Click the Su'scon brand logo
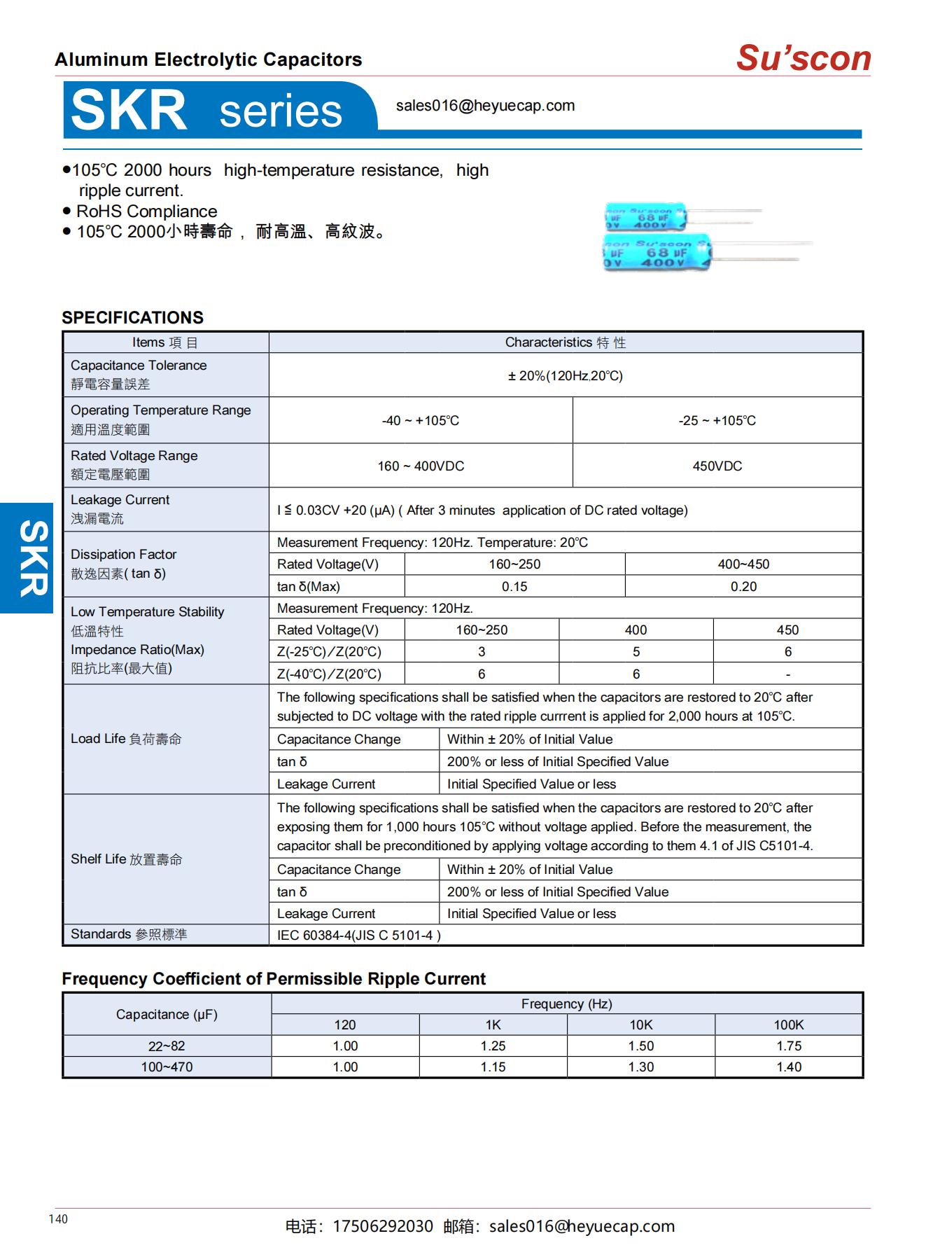(x=804, y=58)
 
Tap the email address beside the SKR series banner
(x=485, y=106)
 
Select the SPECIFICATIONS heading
(x=132, y=317)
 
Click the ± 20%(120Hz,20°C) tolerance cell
(x=565, y=376)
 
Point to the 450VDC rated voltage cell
(x=717, y=466)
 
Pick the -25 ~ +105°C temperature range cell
(x=717, y=420)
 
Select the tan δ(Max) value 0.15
(x=514, y=587)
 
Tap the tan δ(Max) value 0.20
(x=743, y=587)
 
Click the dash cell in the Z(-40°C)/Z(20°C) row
(x=787, y=674)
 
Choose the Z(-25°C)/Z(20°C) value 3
(x=482, y=652)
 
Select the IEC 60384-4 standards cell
(x=358, y=936)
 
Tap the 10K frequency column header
(x=640, y=1025)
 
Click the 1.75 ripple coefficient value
(x=788, y=1046)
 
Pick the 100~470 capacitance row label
(x=167, y=1067)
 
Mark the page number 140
(x=58, y=1219)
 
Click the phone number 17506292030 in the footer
(x=382, y=1226)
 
